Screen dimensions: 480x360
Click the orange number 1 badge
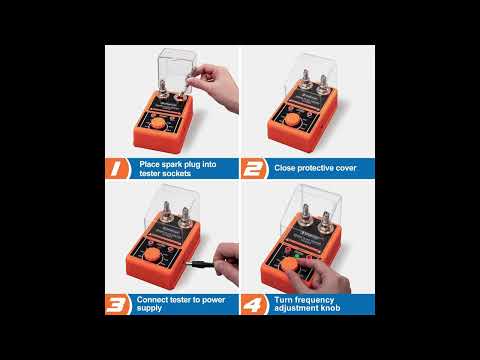click(117, 168)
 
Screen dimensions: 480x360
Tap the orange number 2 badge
click(254, 168)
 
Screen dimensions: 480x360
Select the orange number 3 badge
click(117, 304)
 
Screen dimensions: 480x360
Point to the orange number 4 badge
click(254, 304)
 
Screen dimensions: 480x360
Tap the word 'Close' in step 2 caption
click(285, 168)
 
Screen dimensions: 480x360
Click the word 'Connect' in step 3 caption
click(152, 300)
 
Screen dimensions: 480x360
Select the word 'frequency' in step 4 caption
click(313, 300)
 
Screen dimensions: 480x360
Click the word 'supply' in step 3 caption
click(149, 308)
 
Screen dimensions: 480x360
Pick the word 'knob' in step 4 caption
click(330, 308)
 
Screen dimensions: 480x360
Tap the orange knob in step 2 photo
click(293, 120)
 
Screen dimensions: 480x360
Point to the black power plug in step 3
click(200, 265)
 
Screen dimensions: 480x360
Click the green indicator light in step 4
click(297, 256)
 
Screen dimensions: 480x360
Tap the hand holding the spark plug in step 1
click(216, 85)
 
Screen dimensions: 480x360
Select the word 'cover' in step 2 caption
click(346, 168)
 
